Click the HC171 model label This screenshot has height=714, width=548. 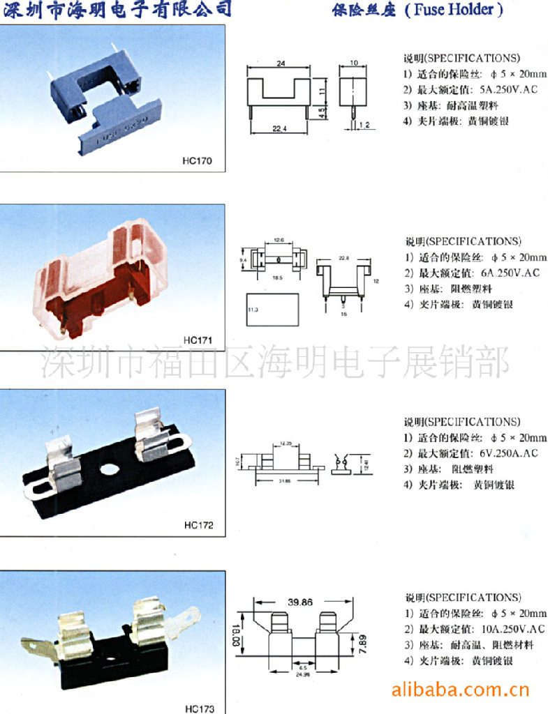198,340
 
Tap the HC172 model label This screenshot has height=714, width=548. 199,525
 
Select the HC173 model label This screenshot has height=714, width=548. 200,708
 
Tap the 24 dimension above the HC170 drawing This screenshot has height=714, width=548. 281,63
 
